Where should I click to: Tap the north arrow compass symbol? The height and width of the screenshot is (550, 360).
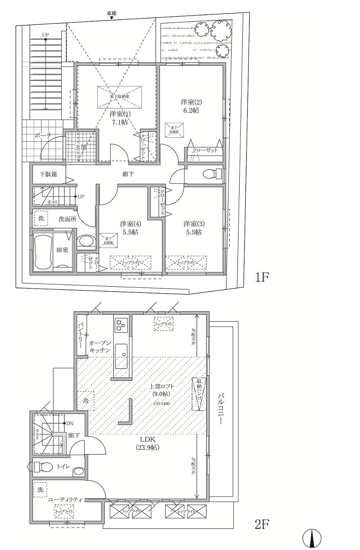coord(312,538)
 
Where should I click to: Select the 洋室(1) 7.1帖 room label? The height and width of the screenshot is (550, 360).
coord(118,117)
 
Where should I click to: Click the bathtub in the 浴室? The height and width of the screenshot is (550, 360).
coord(42,251)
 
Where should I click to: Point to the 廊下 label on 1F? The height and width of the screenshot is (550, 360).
coord(128,175)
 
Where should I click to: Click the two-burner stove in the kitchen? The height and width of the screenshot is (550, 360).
coord(121,325)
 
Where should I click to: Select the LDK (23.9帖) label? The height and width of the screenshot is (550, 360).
coord(148,443)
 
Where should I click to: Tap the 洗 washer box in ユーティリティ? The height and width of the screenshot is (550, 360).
coord(40,490)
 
